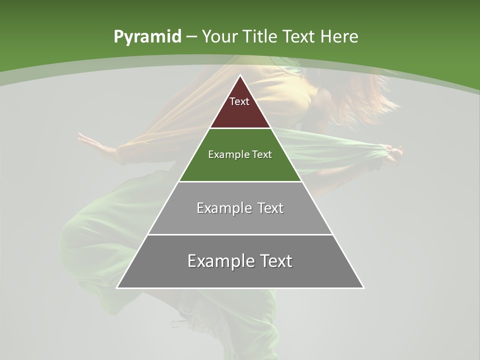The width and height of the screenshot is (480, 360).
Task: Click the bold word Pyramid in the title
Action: click(x=147, y=36)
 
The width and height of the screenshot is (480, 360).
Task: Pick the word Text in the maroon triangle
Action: click(x=239, y=101)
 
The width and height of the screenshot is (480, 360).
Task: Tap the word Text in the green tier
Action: click(x=262, y=154)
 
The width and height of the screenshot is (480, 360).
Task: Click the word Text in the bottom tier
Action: click(x=274, y=261)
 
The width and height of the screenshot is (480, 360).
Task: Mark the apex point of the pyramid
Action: click(x=240, y=76)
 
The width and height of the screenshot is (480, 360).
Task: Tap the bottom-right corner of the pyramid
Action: click(x=363, y=287)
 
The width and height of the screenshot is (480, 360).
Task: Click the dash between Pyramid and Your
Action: click(x=191, y=37)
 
